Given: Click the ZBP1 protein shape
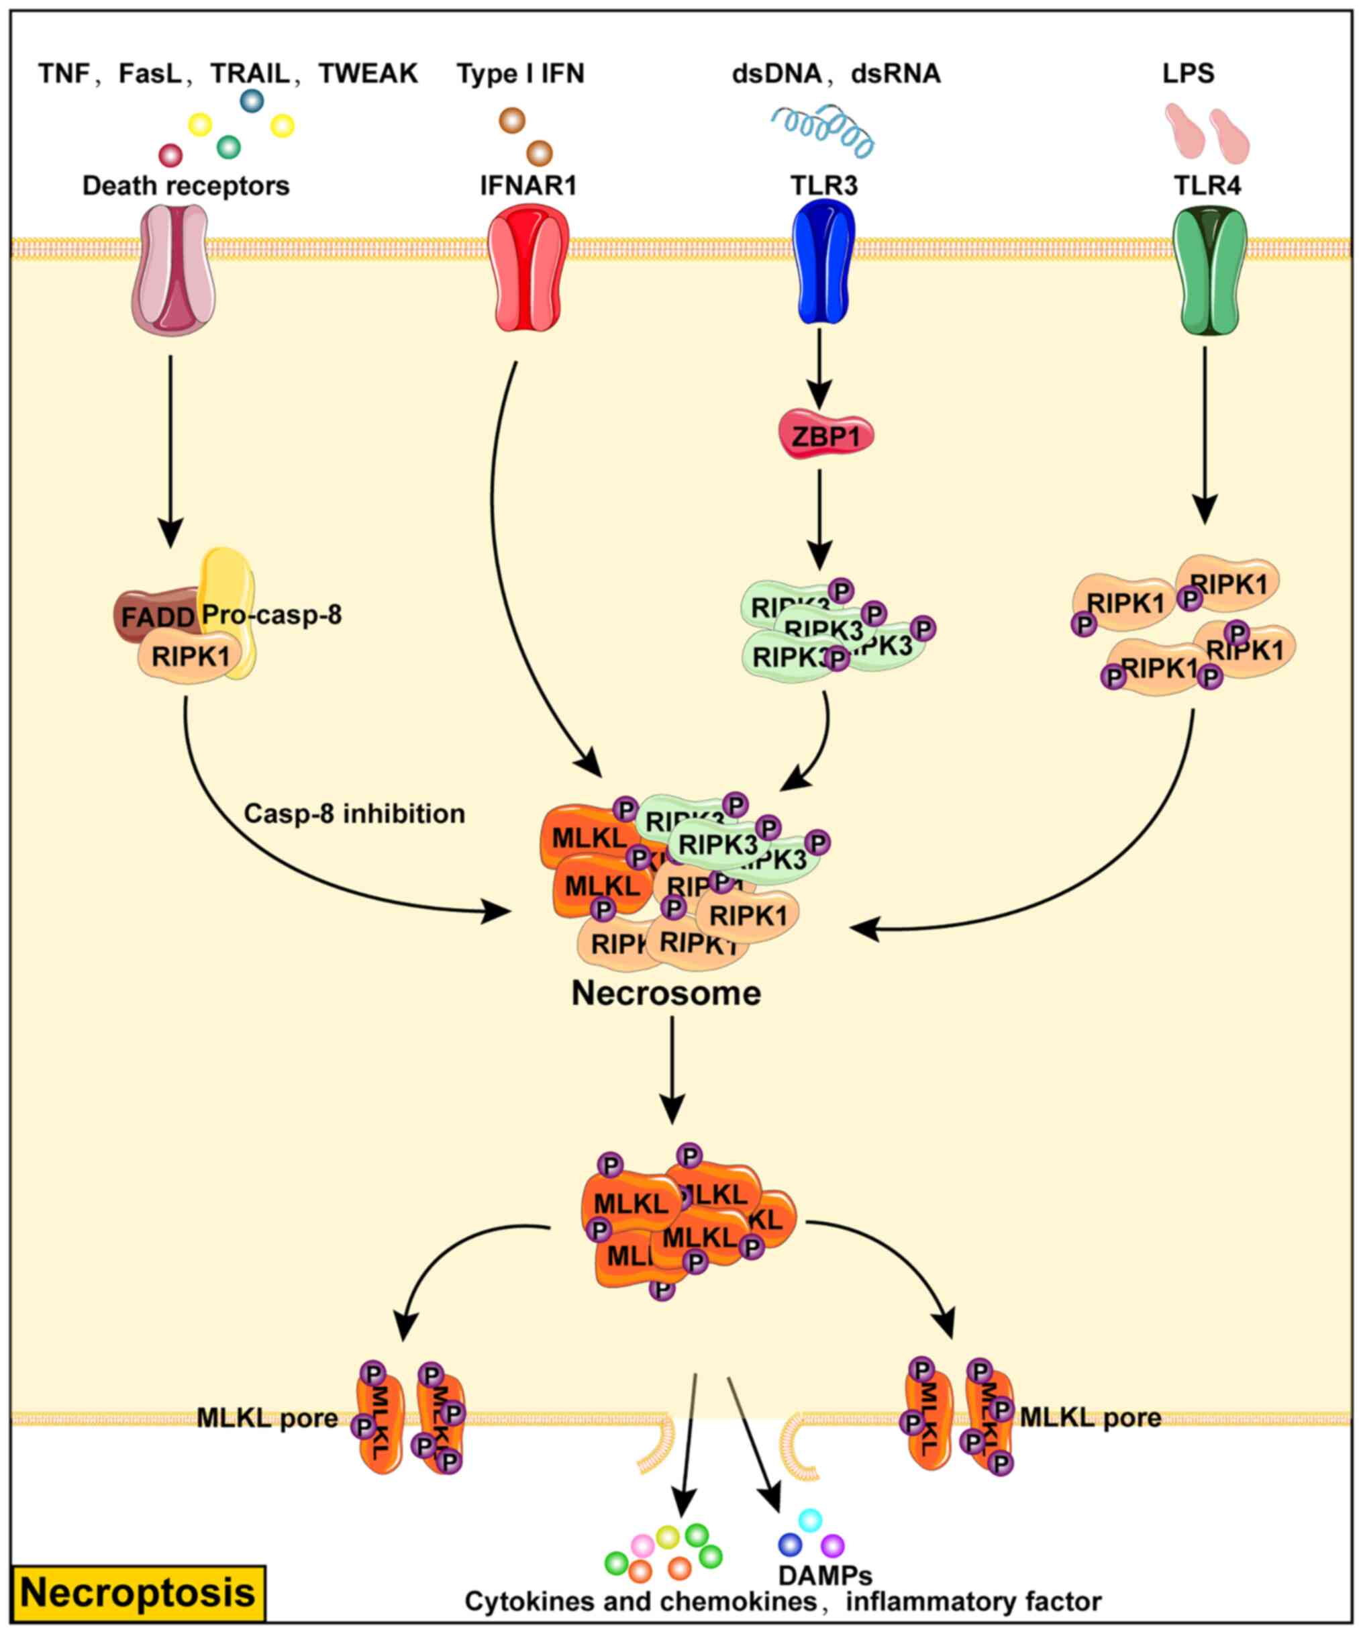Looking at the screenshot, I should pos(825,436).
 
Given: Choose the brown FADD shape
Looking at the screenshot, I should pos(154,616).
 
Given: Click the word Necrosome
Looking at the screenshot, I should pos(666,994).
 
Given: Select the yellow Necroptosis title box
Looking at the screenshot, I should pos(138,1593).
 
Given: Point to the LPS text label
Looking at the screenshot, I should pos(1188,74).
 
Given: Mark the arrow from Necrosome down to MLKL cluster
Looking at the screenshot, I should pos(672,1070).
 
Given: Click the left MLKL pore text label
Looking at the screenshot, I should pos(267,1418).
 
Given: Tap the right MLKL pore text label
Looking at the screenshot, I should pos(1090,1418).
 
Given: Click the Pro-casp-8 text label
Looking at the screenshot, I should pos(272,615).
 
